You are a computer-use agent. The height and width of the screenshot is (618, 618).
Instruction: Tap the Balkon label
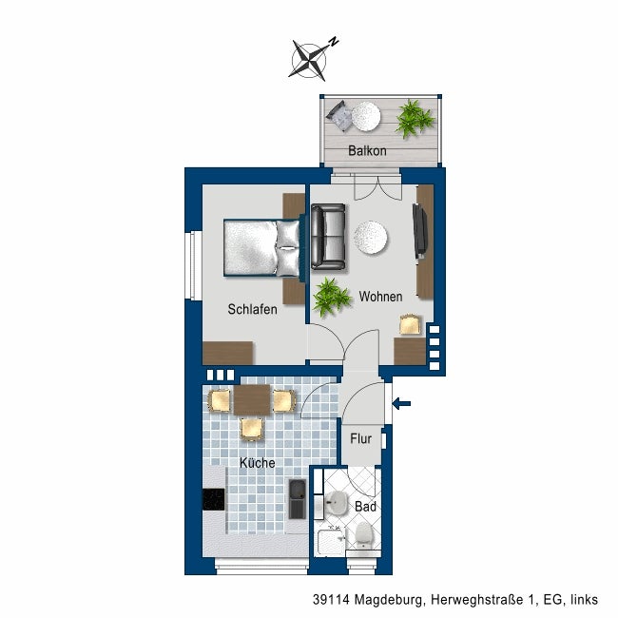pyautogui.click(x=367, y=150)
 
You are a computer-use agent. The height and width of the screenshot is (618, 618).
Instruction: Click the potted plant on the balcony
pyautogui.click(x=415, y=119)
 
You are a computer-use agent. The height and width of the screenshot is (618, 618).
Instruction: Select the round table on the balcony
pyautogui.click(x=366, y=117)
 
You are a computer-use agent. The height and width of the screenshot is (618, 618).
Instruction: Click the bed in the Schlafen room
pyautogui.click(x=262, y=247)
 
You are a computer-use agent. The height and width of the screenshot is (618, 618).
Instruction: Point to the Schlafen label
pyautogui.click(x=252, y=309)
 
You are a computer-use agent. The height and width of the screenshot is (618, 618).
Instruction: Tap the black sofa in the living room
pyautogui.click(x=328, y=237)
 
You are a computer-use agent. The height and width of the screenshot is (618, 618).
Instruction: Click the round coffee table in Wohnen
pyautogui.click(x=370, y=238)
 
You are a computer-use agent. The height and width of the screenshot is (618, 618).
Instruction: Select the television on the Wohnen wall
pyautogui.click(x=419, y=231)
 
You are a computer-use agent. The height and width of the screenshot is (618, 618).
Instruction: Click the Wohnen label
pyautogui.click(x=380, y=297)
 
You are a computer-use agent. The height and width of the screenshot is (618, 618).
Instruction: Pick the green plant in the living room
pyautogui.click(x=332, y=297)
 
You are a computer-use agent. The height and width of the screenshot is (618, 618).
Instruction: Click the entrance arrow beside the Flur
pyautogui.click(x=401, y=403)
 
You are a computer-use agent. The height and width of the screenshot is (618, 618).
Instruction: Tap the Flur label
pyautogui.click(x=361, y=438)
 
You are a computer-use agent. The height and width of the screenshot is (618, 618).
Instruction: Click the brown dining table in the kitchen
pyautogui.click(x=252, y=399)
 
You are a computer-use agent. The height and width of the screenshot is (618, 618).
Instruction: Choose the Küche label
pyautogui.click(x=258, y=463)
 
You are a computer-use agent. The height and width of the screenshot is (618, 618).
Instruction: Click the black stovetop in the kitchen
pyautogui.click(x=214, y=499)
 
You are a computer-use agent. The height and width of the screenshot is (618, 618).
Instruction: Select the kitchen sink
pyautogui.click(x=298, y=498)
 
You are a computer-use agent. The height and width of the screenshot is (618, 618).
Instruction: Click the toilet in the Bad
pyautogui.click(x=363, y=535)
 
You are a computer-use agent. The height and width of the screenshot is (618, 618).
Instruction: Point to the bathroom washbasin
pyautogui.click(x=335, y=503)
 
